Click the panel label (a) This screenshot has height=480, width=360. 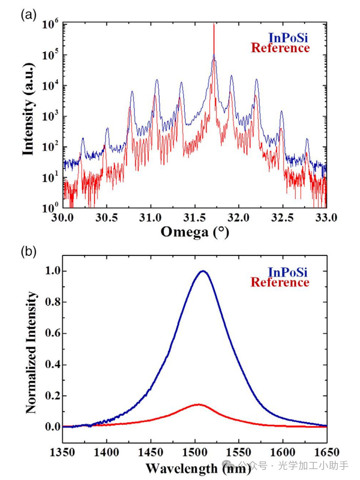pyautogui.click(x=29, y=15)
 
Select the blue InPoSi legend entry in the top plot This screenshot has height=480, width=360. pyautogui.click(x=288, y=38)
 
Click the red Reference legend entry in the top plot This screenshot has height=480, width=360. pyautogui.click(x=280, y=48)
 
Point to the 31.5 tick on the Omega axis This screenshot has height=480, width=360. pyautogui.click(x=194, y=218)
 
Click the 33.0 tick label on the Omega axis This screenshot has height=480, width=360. pyautogui.click(x=326, y=218)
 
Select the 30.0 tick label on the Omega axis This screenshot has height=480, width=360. pyautogui.click(x=63, y=218)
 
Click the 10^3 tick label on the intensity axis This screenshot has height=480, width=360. pyautogui.click(x=51, y=117)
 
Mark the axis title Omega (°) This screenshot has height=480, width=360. pyautogui.click(x=194, y=232)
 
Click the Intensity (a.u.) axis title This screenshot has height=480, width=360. pyautogui.click(x=29, y=109)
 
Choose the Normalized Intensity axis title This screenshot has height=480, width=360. pyautogui.click(x=31, y=352)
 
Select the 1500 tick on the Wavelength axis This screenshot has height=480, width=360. pyautogui.click(x=194, y=452)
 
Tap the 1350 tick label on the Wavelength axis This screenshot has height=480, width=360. pyautogui.click(x=63, y=452)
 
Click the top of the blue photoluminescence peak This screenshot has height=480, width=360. pyautogui.click(x=203, y=271)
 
